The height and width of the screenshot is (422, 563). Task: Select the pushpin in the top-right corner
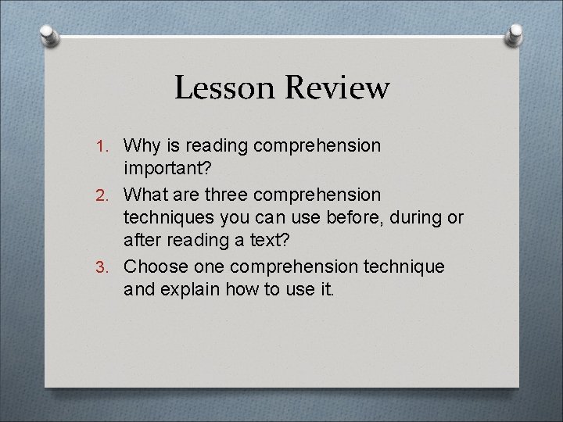point(516,35)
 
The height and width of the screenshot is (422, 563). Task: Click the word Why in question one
point(141,145)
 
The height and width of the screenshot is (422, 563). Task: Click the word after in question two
point(142,242)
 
